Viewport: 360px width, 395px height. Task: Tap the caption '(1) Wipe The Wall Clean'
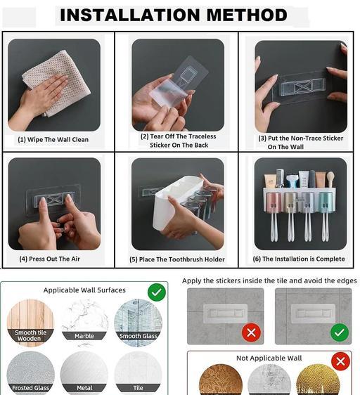tap(53, 140)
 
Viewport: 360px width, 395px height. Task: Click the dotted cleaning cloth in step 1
tap(56, 82)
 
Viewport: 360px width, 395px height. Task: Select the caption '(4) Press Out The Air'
tap(50, 259)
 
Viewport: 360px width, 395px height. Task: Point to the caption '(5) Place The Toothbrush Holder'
tap(177, 259)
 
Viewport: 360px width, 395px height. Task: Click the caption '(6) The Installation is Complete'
tap(299, 259)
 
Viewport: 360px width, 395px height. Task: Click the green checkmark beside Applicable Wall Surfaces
tap(157, 292)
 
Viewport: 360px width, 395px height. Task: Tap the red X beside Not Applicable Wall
tap(340, 362)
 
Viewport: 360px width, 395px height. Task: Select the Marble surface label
tap(84, 336)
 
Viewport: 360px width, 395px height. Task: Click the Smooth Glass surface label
tap(138, 336)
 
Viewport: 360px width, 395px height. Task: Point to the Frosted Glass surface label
tap(30, 388)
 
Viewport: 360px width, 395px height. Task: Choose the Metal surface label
tap(84, 388)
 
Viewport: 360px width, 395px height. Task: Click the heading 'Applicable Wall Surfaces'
tap(84, 290)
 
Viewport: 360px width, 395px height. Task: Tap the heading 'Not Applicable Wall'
tap(269, 358)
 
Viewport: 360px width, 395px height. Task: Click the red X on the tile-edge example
tap(251, 332)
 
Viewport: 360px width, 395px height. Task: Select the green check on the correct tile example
tap(340, 332)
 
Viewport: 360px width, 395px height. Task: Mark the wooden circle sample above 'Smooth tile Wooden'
tap(30, 313)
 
